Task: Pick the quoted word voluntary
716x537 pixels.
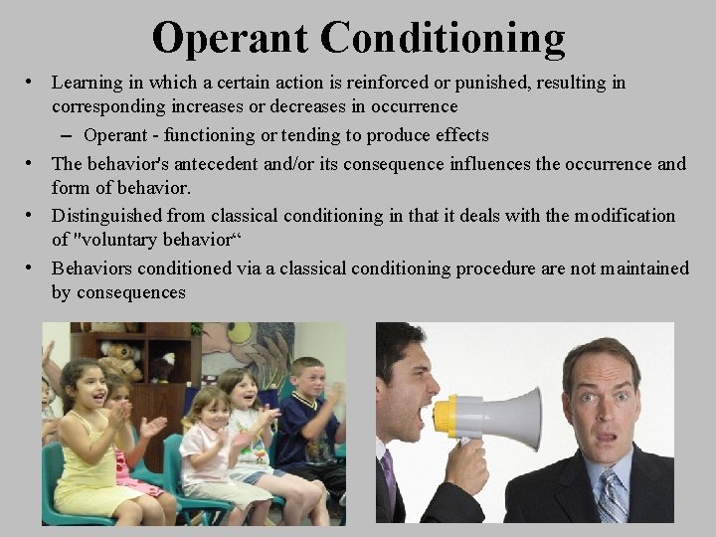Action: tap(114, 240)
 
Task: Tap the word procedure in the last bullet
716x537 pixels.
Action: tap(495, 268)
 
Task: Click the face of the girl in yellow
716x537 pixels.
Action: tap(83, 387)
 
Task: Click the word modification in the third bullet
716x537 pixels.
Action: tap(622, 216)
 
